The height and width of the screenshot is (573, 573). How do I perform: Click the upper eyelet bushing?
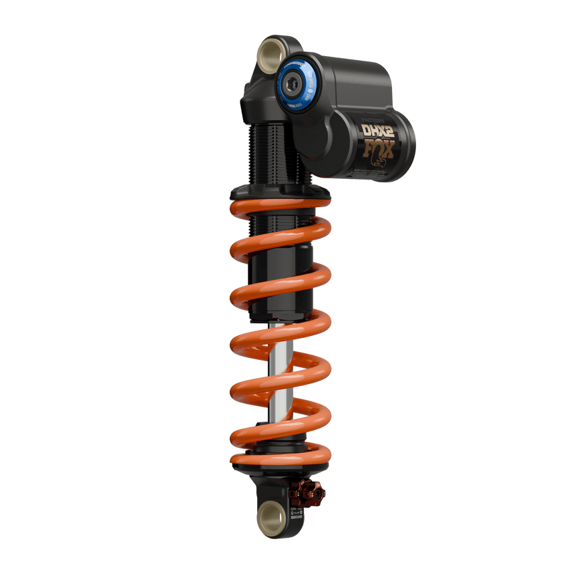270,51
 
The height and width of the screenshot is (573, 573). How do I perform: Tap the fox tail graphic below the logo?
383,163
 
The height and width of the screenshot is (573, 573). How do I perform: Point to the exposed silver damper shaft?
281,374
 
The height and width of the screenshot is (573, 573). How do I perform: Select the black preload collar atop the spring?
280,194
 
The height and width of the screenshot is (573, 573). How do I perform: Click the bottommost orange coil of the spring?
280,461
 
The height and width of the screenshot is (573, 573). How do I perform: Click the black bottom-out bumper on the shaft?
280,314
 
